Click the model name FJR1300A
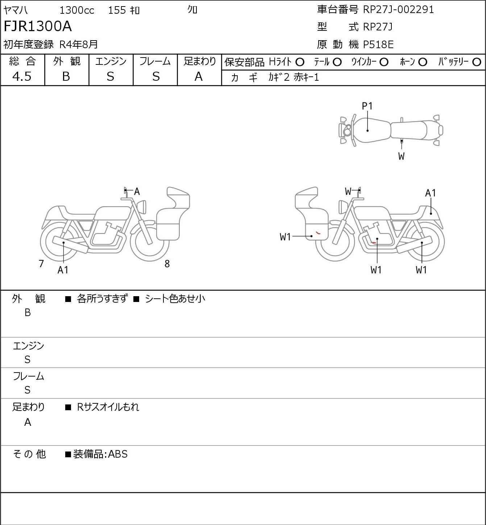point(38,26)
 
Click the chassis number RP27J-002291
point(398,9)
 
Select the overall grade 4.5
point(22,76)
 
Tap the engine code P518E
point(378,45)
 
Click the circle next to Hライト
point(300,62)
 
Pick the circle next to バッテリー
point(477,62)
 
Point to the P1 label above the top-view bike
point(367,106)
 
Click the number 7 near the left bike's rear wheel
point(41,264)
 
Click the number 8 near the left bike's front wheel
point(167,264)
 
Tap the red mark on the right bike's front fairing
point(318,232)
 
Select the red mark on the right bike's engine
point(373,242)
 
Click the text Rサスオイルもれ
point(108,407)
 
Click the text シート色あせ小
point(175,299)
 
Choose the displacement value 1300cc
point(77,10)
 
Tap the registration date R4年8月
point(79,45)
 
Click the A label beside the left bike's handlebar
point(137,192)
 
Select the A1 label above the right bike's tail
point(430,193)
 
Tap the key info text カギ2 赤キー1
point(294,77)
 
